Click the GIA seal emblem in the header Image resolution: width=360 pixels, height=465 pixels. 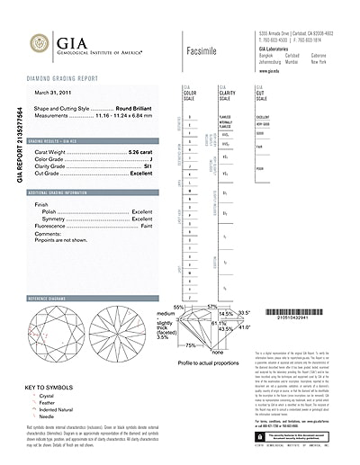(x=39, y=42)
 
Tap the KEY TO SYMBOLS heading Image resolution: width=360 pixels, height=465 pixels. (x=46, y=388)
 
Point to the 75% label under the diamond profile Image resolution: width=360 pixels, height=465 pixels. (x=191, y=344)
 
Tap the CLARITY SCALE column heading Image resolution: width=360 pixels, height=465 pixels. (x=224, y=94)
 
